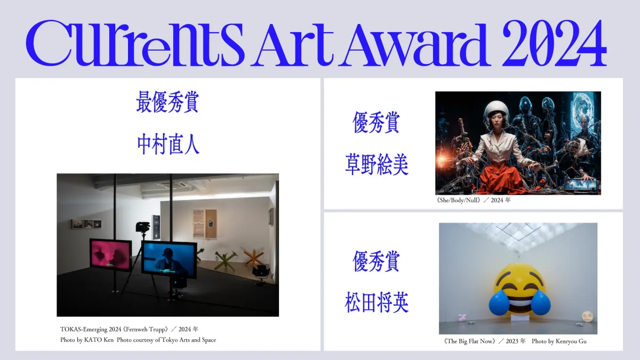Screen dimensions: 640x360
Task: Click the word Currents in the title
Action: (135, 43)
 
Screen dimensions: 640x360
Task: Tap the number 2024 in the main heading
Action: (554, 43)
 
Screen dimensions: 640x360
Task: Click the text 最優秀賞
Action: (167, 102)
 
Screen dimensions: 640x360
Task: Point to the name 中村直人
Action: (168, 145)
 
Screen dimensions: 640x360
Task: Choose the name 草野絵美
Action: (377, 164)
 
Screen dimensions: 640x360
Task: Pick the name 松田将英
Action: (377, 302)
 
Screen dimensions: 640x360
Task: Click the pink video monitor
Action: (111, 255)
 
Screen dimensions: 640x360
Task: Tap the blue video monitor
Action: (169, 259)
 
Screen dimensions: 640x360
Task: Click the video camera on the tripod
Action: (143, 227)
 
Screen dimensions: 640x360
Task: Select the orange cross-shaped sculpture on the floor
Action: (254, 257)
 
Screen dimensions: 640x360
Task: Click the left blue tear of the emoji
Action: (499, 303)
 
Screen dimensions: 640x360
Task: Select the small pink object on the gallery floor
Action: (462, 317)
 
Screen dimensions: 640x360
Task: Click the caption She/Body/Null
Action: (459, 201)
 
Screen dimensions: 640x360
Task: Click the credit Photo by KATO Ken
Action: (87, 340)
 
